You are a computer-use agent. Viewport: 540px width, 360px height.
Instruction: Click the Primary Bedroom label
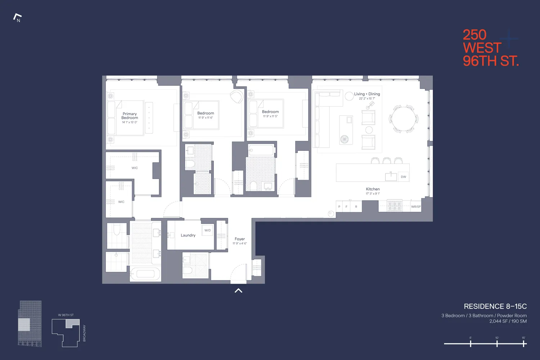130,116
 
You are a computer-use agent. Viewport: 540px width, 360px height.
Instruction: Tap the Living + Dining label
367,94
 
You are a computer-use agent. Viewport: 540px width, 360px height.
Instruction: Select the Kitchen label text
373,189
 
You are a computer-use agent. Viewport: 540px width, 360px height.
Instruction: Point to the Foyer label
239,239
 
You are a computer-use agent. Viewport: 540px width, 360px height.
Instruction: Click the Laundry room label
188,235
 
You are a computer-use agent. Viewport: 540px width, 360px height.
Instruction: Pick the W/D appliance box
208,230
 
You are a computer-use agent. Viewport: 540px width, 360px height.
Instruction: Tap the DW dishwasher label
403,177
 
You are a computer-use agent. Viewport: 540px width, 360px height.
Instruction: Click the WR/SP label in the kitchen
416,207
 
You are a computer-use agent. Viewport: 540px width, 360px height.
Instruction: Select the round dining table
403,119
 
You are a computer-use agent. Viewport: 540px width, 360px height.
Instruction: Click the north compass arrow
17,17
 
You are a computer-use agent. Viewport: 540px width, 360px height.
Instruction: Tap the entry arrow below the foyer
238,291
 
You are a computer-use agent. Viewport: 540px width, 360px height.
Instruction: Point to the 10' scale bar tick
497,344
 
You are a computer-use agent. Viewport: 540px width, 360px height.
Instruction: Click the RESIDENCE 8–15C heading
495,306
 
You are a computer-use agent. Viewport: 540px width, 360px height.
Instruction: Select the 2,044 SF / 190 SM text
508,321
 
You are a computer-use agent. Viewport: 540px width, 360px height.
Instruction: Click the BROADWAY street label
85,333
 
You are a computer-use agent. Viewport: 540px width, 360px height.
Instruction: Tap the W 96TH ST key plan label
66,315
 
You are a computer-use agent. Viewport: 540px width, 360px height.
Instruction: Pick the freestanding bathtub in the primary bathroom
145,274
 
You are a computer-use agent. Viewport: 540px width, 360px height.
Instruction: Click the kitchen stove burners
395,206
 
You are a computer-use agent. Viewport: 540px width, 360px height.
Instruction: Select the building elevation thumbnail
30,324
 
